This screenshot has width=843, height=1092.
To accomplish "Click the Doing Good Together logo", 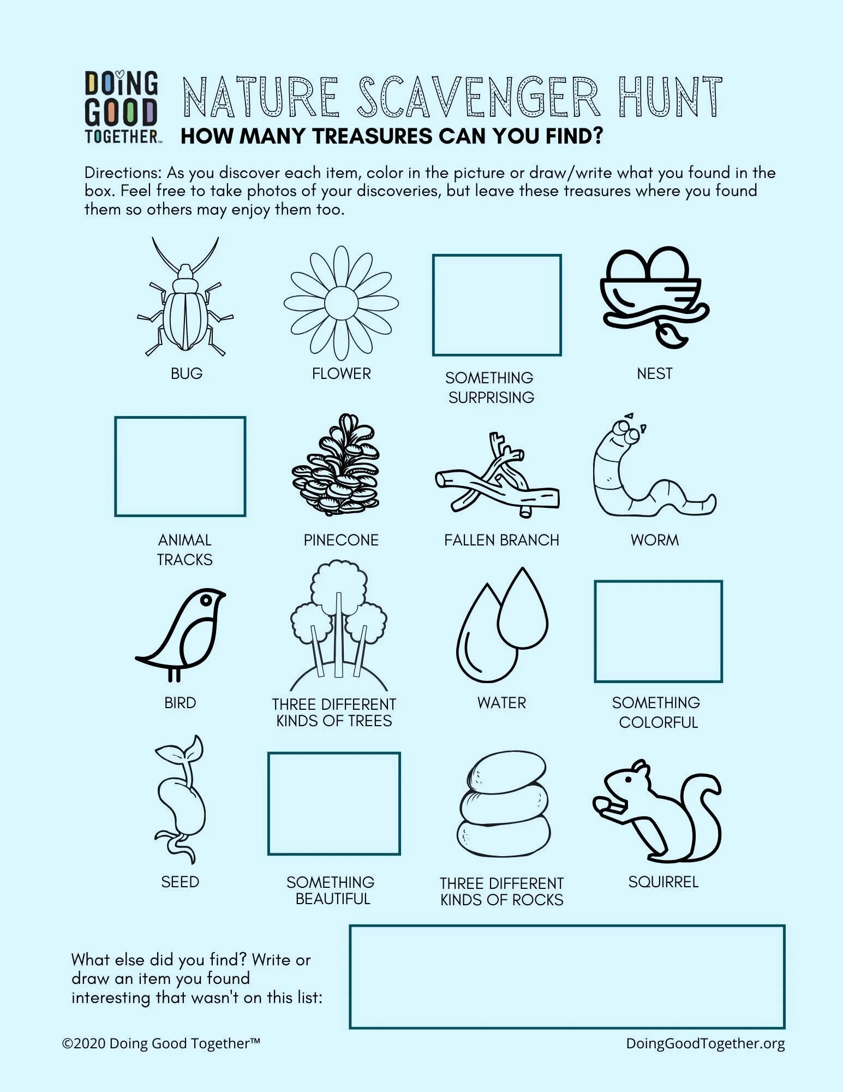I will pos(121,107).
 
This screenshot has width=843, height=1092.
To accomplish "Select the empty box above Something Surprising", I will pos(497,305).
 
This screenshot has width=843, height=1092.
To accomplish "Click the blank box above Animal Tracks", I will pos(180,466).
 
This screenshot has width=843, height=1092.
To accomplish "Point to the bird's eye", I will pos(206,600).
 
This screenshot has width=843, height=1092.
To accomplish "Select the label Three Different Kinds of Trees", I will pos(334,713).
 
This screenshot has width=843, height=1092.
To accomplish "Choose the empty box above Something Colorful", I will pos(658,631).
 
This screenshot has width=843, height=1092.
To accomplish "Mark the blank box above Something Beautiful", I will pos(334,803).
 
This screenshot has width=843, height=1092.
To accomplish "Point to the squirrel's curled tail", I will pos(704,814).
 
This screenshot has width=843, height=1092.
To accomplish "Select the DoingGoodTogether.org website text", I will pos(705,1043).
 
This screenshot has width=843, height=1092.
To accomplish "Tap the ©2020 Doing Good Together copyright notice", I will pos(161,1043).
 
